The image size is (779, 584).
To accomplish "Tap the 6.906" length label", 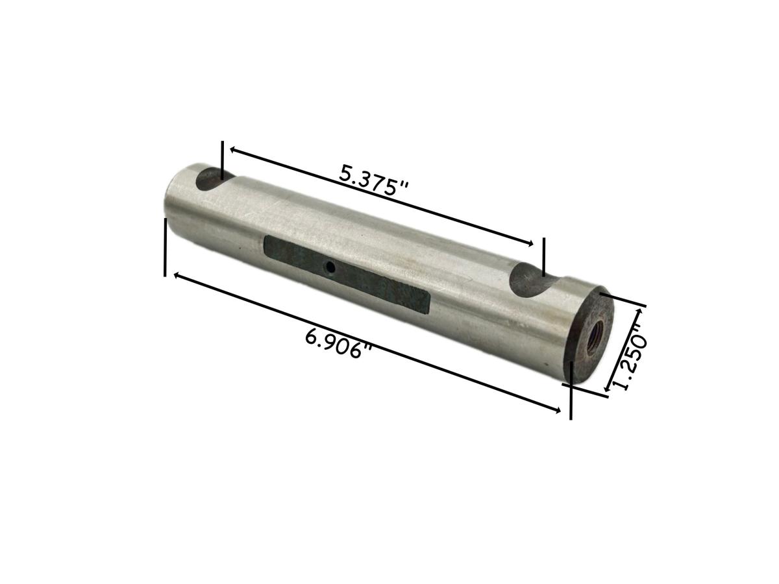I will pos(338,344).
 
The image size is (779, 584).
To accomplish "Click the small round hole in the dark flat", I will pos(330,267).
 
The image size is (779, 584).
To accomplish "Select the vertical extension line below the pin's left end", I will pos(166,247).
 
